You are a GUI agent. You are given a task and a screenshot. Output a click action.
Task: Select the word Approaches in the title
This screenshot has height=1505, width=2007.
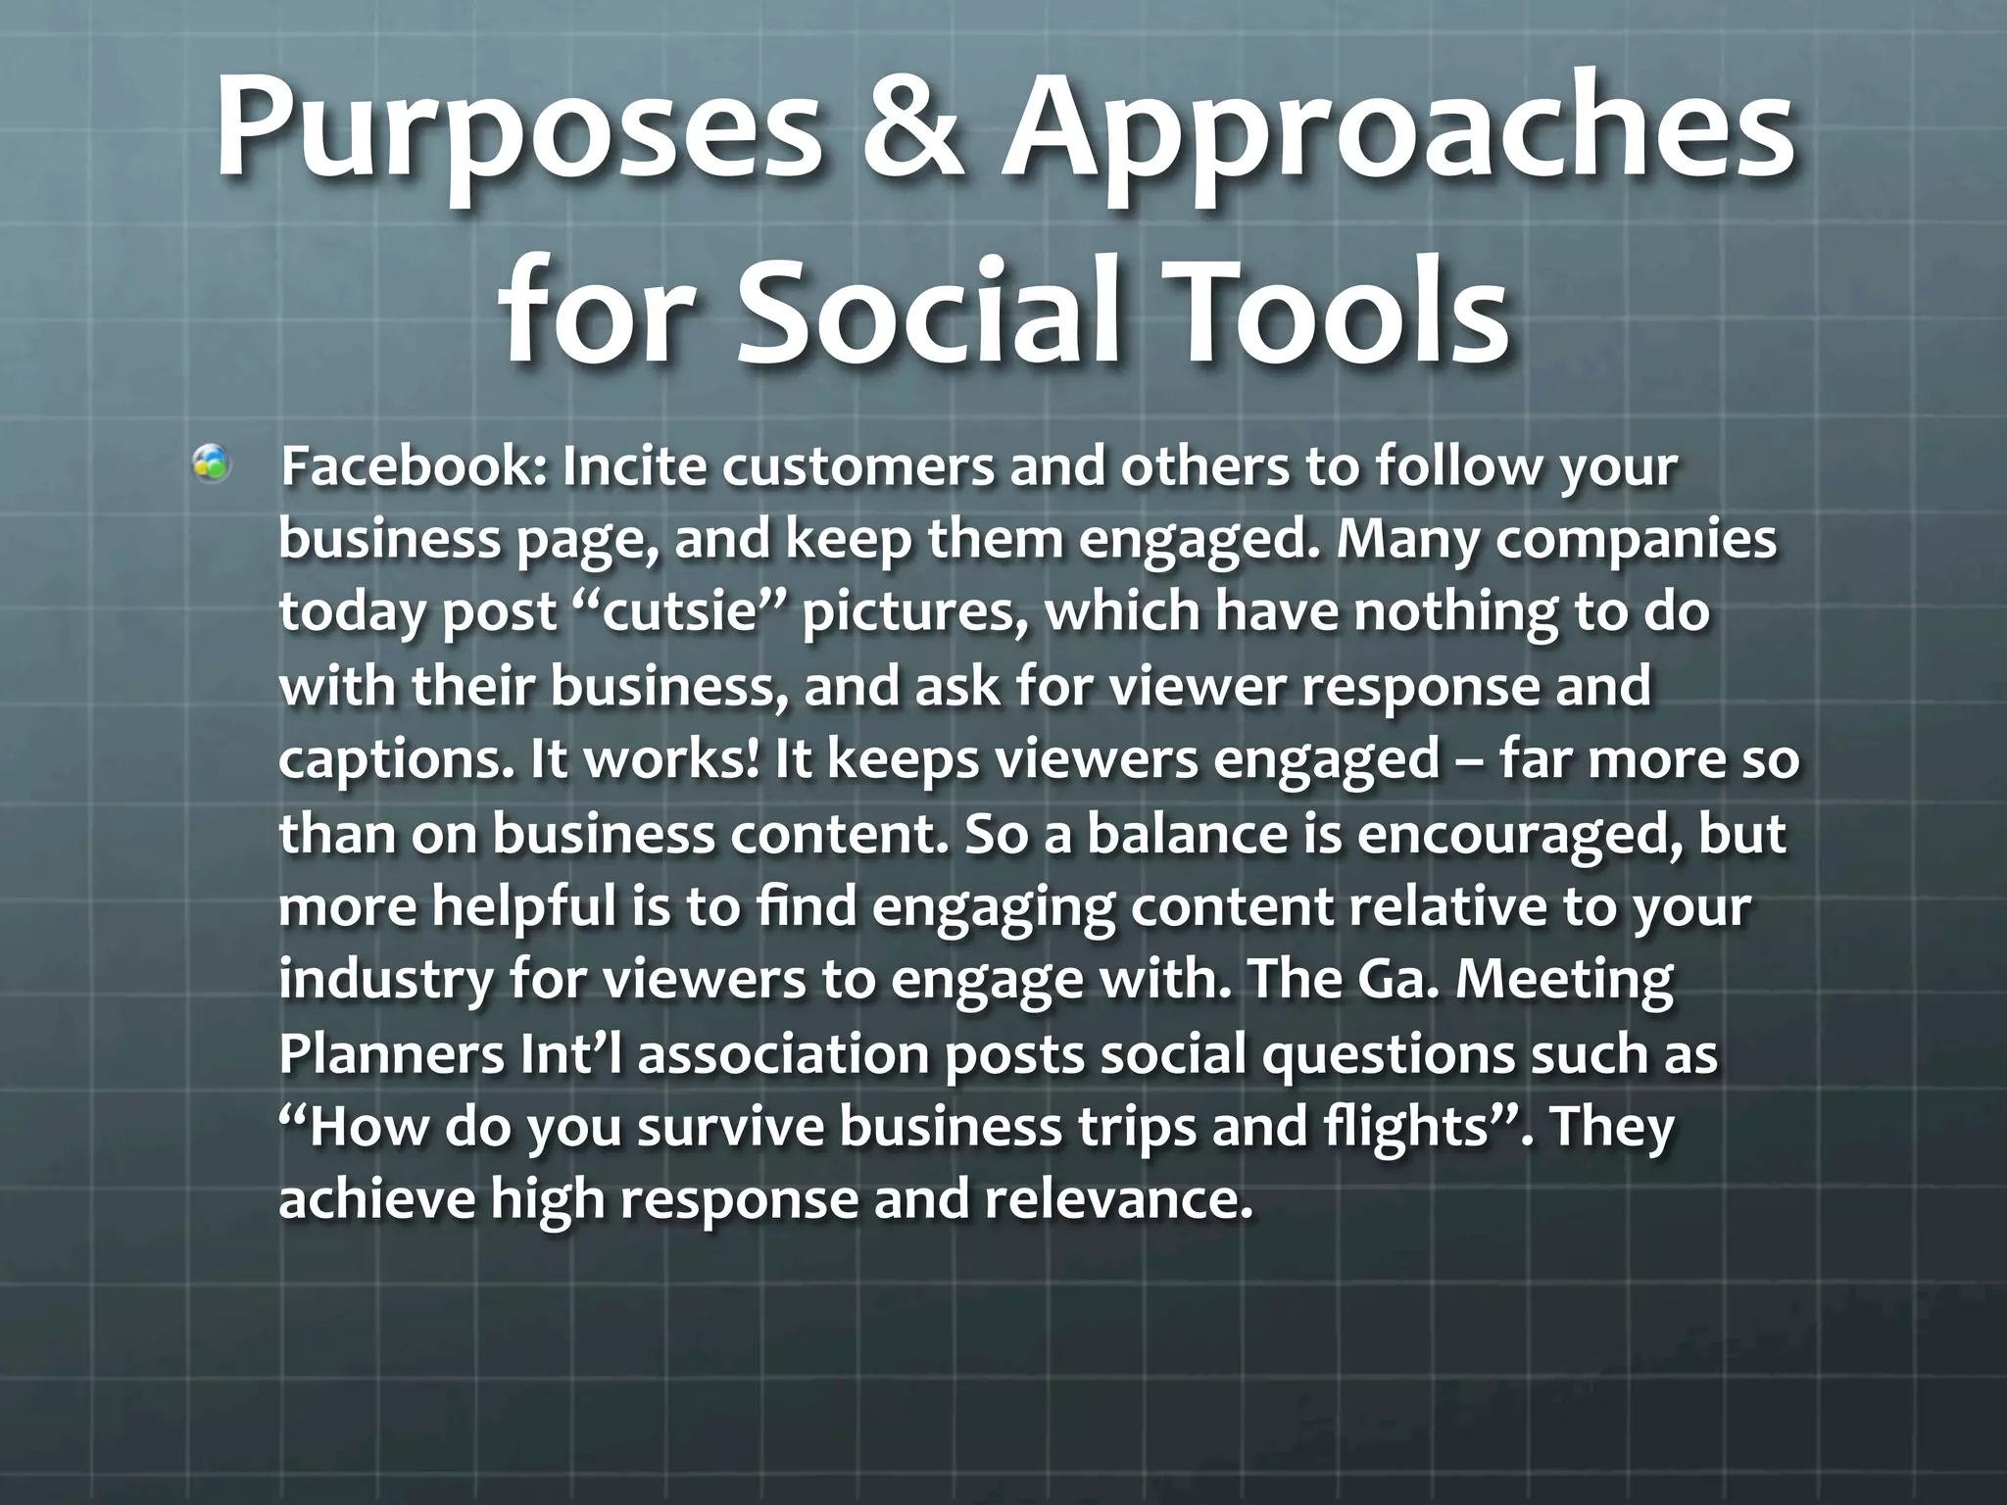[x=1401, y=137]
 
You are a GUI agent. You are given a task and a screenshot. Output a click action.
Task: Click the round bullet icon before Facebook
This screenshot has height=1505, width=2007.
[x=211, y=463]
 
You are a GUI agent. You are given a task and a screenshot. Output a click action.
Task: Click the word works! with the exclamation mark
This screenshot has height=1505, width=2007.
[x=671, y=760]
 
